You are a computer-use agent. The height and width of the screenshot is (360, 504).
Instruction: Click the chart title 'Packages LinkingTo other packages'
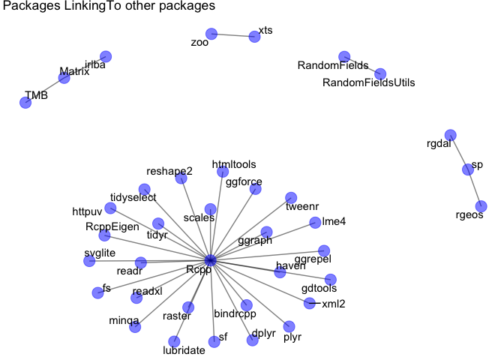point(109,7)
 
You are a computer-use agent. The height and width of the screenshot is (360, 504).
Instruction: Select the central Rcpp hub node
point(211,259)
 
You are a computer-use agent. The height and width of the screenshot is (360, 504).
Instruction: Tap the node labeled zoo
point(211,34)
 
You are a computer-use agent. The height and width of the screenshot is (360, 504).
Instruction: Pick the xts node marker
point(253,37)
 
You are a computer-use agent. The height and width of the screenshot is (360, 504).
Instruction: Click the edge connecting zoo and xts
point(232,35)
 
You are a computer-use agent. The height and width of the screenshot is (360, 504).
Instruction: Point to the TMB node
point(25,102)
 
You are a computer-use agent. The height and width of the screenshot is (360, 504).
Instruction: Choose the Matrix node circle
point(64,78)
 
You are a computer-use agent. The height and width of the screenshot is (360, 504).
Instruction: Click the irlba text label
point(95,65)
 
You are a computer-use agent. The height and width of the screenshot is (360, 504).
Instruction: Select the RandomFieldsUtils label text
point(368,82)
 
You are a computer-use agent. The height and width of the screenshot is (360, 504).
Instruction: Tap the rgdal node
point(450,135)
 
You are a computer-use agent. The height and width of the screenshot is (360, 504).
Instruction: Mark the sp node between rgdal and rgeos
point(467,169)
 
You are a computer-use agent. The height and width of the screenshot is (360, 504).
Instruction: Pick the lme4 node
point(315,222)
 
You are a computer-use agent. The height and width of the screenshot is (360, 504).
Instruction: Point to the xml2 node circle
point(310,303)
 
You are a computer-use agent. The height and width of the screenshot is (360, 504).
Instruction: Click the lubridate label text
point(184,350)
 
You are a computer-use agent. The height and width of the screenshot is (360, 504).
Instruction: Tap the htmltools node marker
point(223,172)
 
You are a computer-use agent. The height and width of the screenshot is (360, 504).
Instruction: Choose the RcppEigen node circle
point(104,235)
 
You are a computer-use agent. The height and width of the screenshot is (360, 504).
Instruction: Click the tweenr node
point(291,198)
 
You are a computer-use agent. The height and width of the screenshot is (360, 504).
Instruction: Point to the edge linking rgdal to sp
point(458,152)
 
